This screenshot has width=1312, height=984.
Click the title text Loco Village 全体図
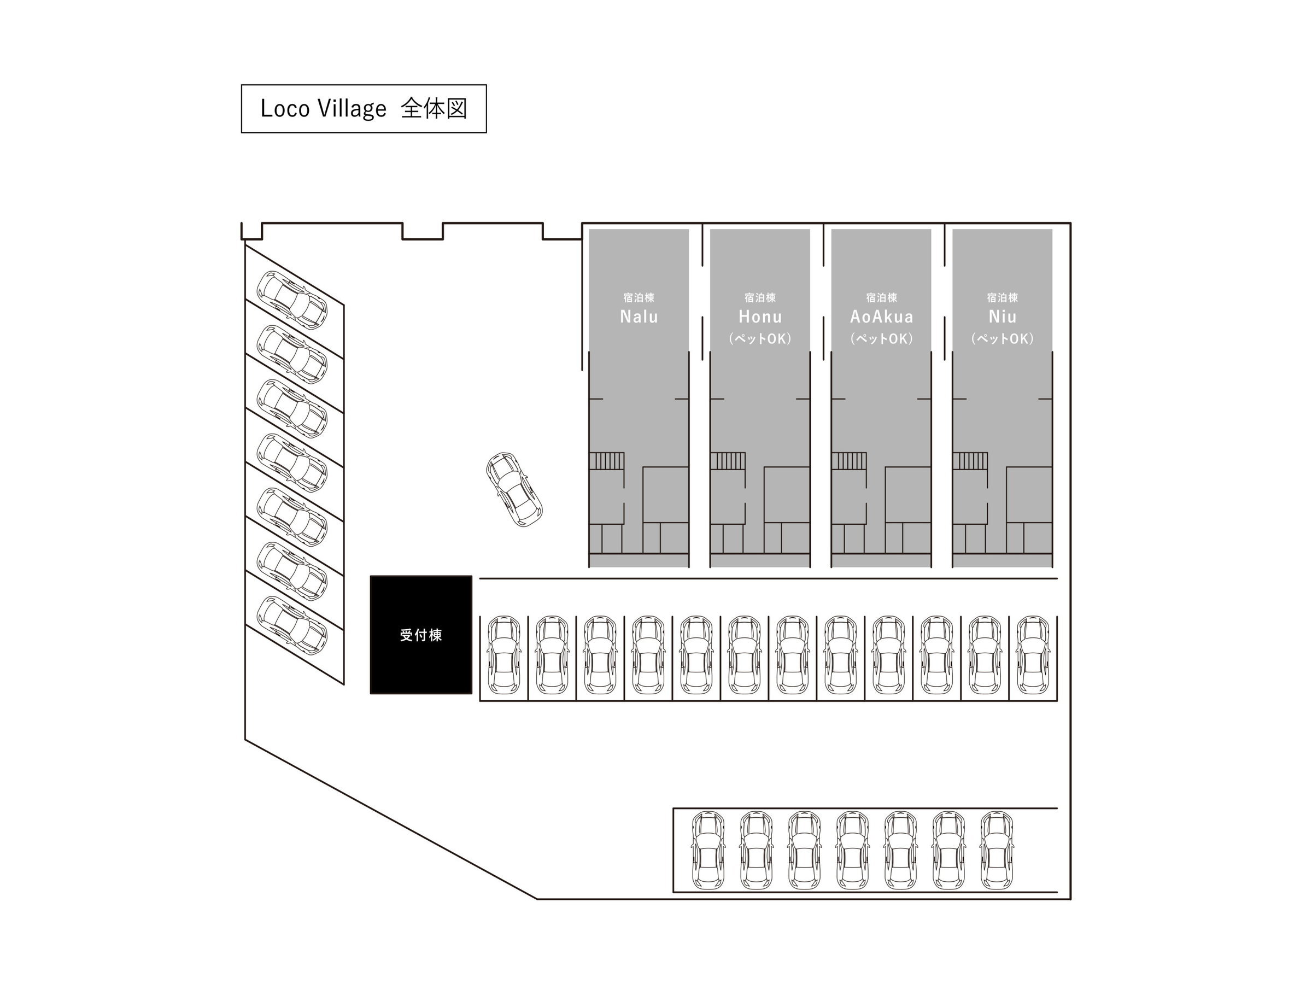tap(364, 109)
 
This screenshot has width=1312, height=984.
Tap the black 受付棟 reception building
tap(421, 635)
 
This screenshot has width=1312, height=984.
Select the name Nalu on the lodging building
tap(639, 317)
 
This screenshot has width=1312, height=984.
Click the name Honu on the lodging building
tap(760, 317)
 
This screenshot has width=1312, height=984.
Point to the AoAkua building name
tap(881, 317)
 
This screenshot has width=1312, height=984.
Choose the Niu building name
tap(1003, 317)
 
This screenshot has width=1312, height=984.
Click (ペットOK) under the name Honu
tap(760, 339)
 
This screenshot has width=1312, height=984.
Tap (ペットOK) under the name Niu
tap(1003, 339)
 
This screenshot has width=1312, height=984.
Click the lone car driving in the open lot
tap(514, 490)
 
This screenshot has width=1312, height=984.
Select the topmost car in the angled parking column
tap(292, 300)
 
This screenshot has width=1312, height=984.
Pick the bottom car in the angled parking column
tap(292, 625)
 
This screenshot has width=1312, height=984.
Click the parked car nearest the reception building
tap(503, 655)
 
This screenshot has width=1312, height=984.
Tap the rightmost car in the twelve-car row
tap(1033, 655)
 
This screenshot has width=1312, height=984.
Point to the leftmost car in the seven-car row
tap(708, 851)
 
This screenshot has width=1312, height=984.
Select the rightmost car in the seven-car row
tap(997, 851)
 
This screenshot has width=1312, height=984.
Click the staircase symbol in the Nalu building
tap(607, 461)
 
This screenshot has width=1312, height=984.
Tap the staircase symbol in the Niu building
tap(970, 461)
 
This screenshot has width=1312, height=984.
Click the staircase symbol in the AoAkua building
tap(850, 461)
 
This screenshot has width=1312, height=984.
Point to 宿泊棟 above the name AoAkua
tap(881, 297)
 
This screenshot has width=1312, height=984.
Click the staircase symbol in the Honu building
tap(728, 461)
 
